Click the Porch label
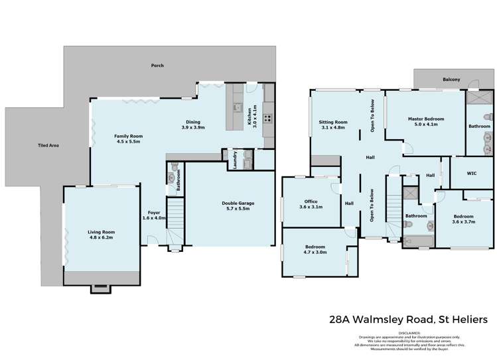tap(157, 66)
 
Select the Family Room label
tap(129, 136)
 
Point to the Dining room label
tap(193, 121)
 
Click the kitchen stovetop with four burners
tap(268, 119)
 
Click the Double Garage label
tap(237, 203)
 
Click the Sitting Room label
tap(333, 122)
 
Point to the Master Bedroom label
tap(425, 118)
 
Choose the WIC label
tap(472, 173)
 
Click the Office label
tap(311, 202)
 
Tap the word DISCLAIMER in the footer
tap(409, 333)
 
